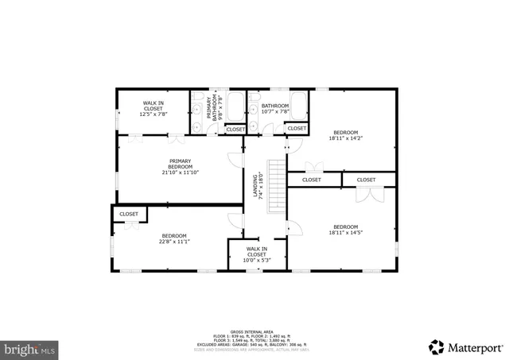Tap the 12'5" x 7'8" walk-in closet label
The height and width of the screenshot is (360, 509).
[153, 109]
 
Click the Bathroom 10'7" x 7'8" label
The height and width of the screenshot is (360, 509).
[274, 109]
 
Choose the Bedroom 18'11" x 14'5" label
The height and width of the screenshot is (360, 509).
[345, 230]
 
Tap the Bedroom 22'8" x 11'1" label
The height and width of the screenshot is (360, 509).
[174, 238]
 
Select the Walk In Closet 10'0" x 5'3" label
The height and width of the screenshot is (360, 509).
[256, 252]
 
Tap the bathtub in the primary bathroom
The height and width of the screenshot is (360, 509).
[236, 106]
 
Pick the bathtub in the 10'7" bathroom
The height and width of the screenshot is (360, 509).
[298, 105]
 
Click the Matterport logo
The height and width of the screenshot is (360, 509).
[466, 346]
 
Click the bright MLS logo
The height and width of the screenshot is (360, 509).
[31, 348]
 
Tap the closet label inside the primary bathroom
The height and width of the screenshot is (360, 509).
[235, 129]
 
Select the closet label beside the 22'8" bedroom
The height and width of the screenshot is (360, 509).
[129, 214]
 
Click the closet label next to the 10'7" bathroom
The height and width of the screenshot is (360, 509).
[297, 128]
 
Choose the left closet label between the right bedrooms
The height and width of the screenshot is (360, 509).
[311, 180]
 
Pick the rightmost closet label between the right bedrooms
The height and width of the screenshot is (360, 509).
[366, 180]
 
